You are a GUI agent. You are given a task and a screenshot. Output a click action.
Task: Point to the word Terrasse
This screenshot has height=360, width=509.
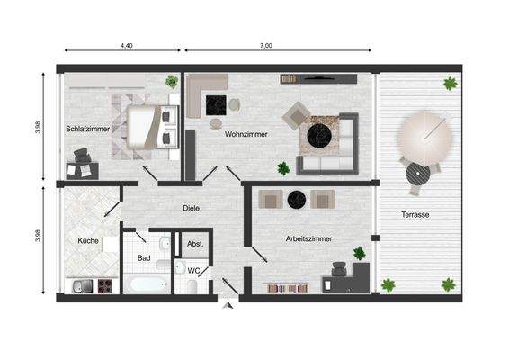pyautogui.click(x=415, y=215)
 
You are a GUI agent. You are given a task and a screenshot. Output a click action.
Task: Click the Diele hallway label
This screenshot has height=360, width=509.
pyautogui.click(x=191, y=208)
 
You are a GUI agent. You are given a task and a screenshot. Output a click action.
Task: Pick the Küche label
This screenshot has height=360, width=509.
pyautogui.click(x=88, y=240)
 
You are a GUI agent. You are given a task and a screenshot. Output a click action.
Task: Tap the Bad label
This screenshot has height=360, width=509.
pyautogui.click(x=144, y=258)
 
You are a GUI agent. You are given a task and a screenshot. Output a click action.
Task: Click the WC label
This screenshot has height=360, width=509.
pyautogui.click(x=193, y=270)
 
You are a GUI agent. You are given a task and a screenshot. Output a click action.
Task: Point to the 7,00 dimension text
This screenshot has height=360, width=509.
pyautogui.click(x=266, y=45)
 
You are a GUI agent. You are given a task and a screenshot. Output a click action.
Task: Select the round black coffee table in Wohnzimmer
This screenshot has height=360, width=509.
pyautogui.click(x=320, y=135)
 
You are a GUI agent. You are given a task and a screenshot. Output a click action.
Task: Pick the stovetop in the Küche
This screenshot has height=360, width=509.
pyautogui.click(x=103, y=287)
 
